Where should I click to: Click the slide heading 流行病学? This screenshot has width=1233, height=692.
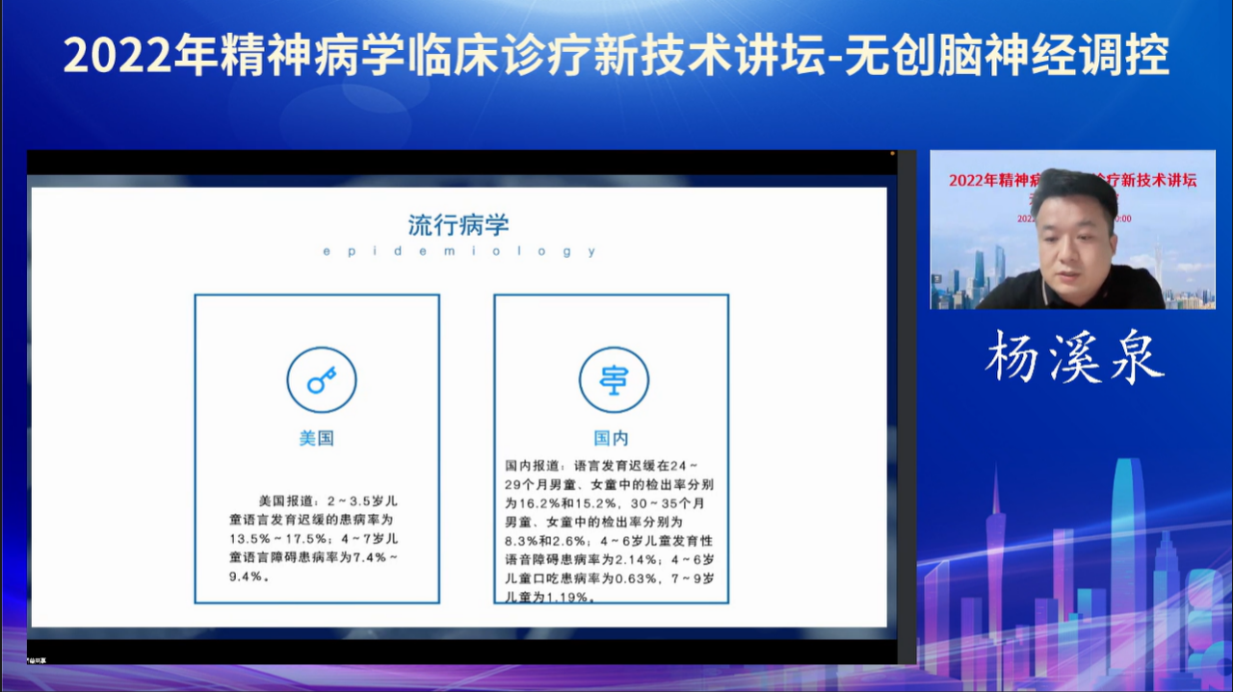point(458,225)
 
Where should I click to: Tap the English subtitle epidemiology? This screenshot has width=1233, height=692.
point(459,252)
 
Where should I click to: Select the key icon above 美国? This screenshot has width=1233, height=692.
point(321,380)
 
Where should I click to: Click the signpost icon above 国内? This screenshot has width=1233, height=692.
point(613,380)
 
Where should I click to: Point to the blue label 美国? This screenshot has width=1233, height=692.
point(317,438)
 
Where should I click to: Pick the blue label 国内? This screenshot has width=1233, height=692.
point(611,438)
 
